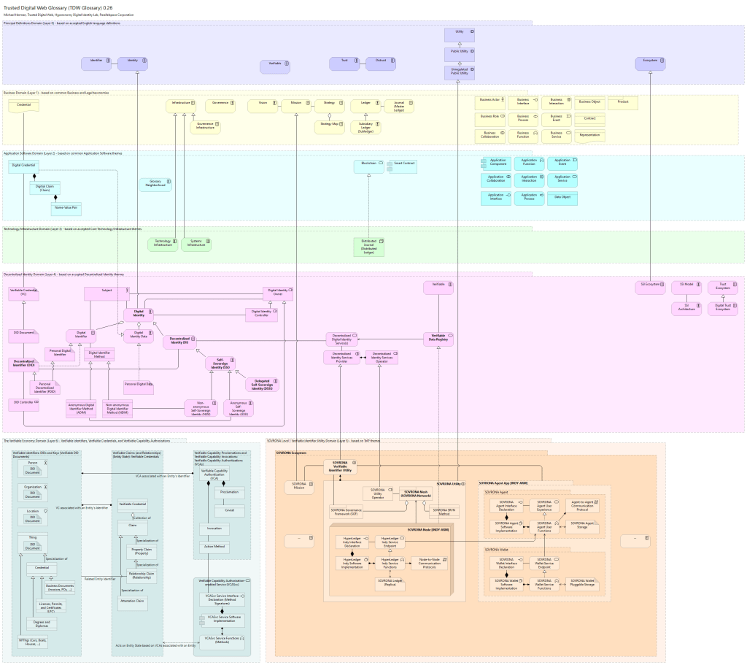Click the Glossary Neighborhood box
click(x=155, y=185)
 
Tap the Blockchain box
click(x=368, y=166)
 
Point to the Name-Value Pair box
click(x=66, y=209)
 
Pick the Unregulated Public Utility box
click(x=459, y=72)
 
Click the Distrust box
click(x=380, y=64)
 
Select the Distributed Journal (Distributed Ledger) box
click(x=368, y=247)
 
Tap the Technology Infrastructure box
click(x=163, y=244)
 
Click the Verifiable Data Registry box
click(x=438, y=339)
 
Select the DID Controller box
click(x=24, y=403)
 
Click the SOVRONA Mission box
click(x=299, y=487)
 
